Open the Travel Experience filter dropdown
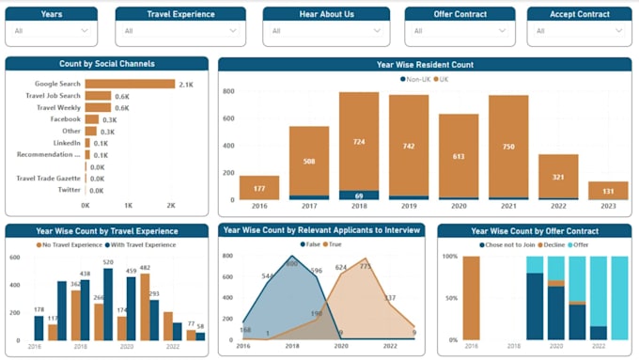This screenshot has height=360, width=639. click(179, 31)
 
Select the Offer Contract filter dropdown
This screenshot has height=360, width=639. click(459, 31)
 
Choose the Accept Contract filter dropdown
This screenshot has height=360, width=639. click(578, 31)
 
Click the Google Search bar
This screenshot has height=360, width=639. click(130, 84)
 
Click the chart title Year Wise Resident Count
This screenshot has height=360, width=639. click(425, 65)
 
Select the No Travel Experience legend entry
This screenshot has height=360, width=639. click(70, 244)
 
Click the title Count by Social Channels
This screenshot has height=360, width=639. click(106, 64)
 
